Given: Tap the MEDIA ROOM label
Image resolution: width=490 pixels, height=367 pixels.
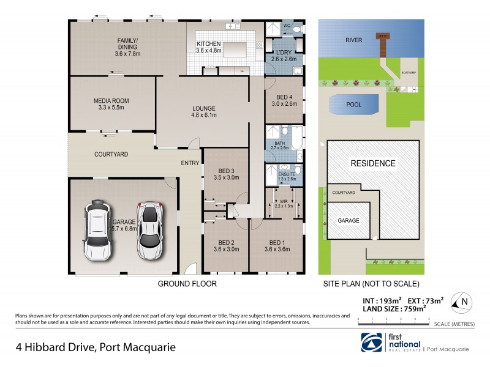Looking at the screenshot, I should click(111, 101).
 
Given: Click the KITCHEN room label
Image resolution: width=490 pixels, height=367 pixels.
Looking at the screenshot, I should click(208, 43).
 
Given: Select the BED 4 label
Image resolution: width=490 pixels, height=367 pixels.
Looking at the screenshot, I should click(284, 97).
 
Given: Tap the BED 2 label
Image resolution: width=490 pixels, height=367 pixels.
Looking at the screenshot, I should click(225, 242).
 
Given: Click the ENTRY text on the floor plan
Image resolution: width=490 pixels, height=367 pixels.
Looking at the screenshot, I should click(189, 163).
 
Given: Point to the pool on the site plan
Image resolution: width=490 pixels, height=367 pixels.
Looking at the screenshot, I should click(353, 105).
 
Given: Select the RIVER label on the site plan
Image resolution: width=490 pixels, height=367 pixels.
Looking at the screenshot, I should click(353, 40).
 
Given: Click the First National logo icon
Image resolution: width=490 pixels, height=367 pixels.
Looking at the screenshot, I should click(372, 342).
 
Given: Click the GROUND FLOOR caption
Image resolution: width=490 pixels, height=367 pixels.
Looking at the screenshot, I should click(187, 284).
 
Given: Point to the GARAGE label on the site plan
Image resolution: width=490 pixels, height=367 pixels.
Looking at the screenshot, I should click(346, 221).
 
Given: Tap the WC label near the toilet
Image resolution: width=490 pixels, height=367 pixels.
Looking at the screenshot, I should click(285, 26).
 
